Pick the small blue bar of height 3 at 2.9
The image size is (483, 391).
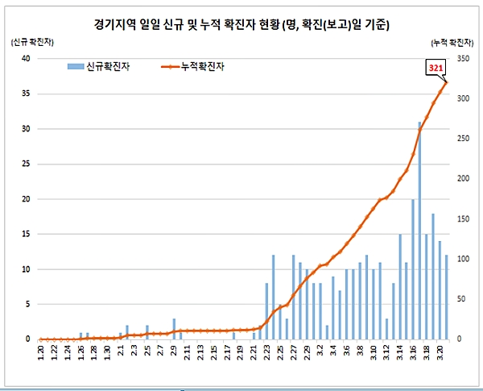point(174,329)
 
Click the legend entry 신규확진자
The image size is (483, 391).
point(102,68)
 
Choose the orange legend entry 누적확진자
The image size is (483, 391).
point(197,68)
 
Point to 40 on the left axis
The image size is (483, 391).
point(26,59)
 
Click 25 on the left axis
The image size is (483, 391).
point(26,164)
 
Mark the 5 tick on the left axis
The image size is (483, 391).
point(28,304)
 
